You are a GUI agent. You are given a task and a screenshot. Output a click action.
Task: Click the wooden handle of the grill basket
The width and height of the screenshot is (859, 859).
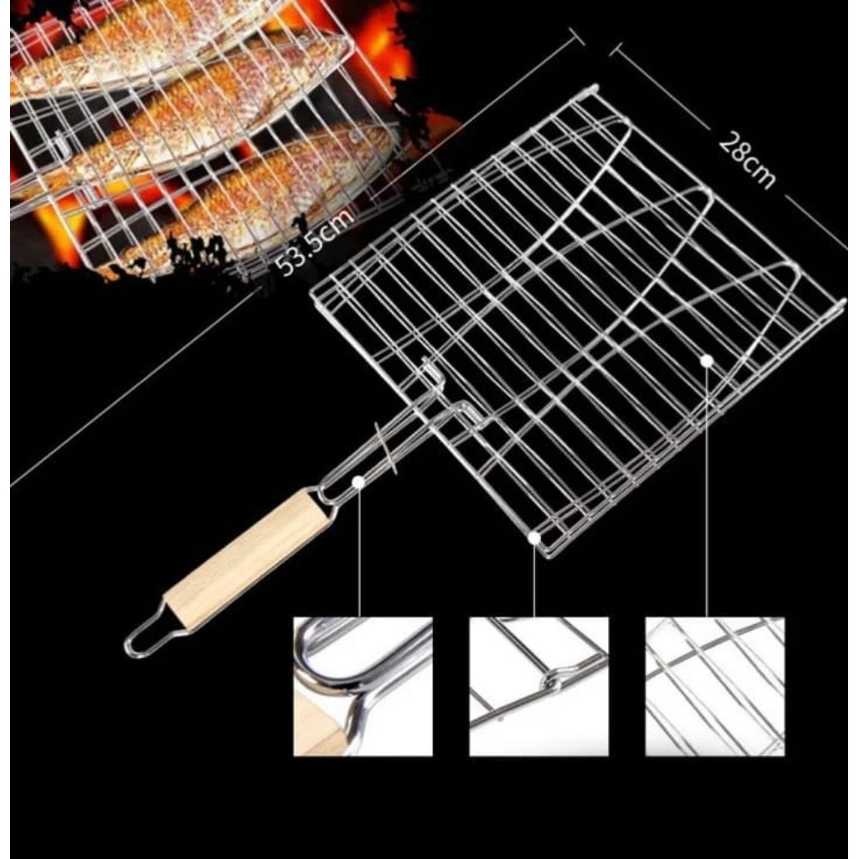point(247,558)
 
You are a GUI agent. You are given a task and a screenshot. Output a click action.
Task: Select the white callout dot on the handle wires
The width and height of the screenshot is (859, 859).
point(359,482)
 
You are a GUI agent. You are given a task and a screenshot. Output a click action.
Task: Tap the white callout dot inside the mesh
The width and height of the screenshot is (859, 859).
point(706,360)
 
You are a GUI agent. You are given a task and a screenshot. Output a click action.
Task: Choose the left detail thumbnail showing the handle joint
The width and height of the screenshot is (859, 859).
point(362,686)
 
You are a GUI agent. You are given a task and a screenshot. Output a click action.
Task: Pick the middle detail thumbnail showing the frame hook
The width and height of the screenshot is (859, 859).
point(539,686)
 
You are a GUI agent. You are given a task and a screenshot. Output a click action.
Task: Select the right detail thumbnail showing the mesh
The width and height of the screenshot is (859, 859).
point(715,686)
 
